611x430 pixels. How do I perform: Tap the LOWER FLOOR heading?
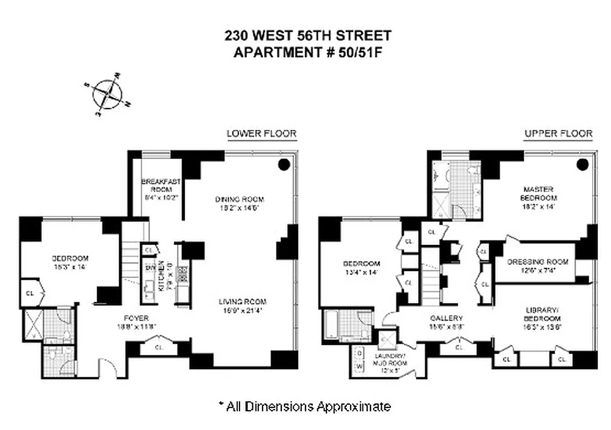pos(261,133)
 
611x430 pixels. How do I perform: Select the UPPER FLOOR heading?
pos(558,133)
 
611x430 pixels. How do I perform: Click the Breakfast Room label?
pos(161,189)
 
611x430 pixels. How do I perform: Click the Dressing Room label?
pos(537,266)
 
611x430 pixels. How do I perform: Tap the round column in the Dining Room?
pos(284,164)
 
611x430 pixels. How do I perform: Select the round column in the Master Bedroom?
pos(583,165)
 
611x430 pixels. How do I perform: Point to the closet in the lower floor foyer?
pos(158,348)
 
